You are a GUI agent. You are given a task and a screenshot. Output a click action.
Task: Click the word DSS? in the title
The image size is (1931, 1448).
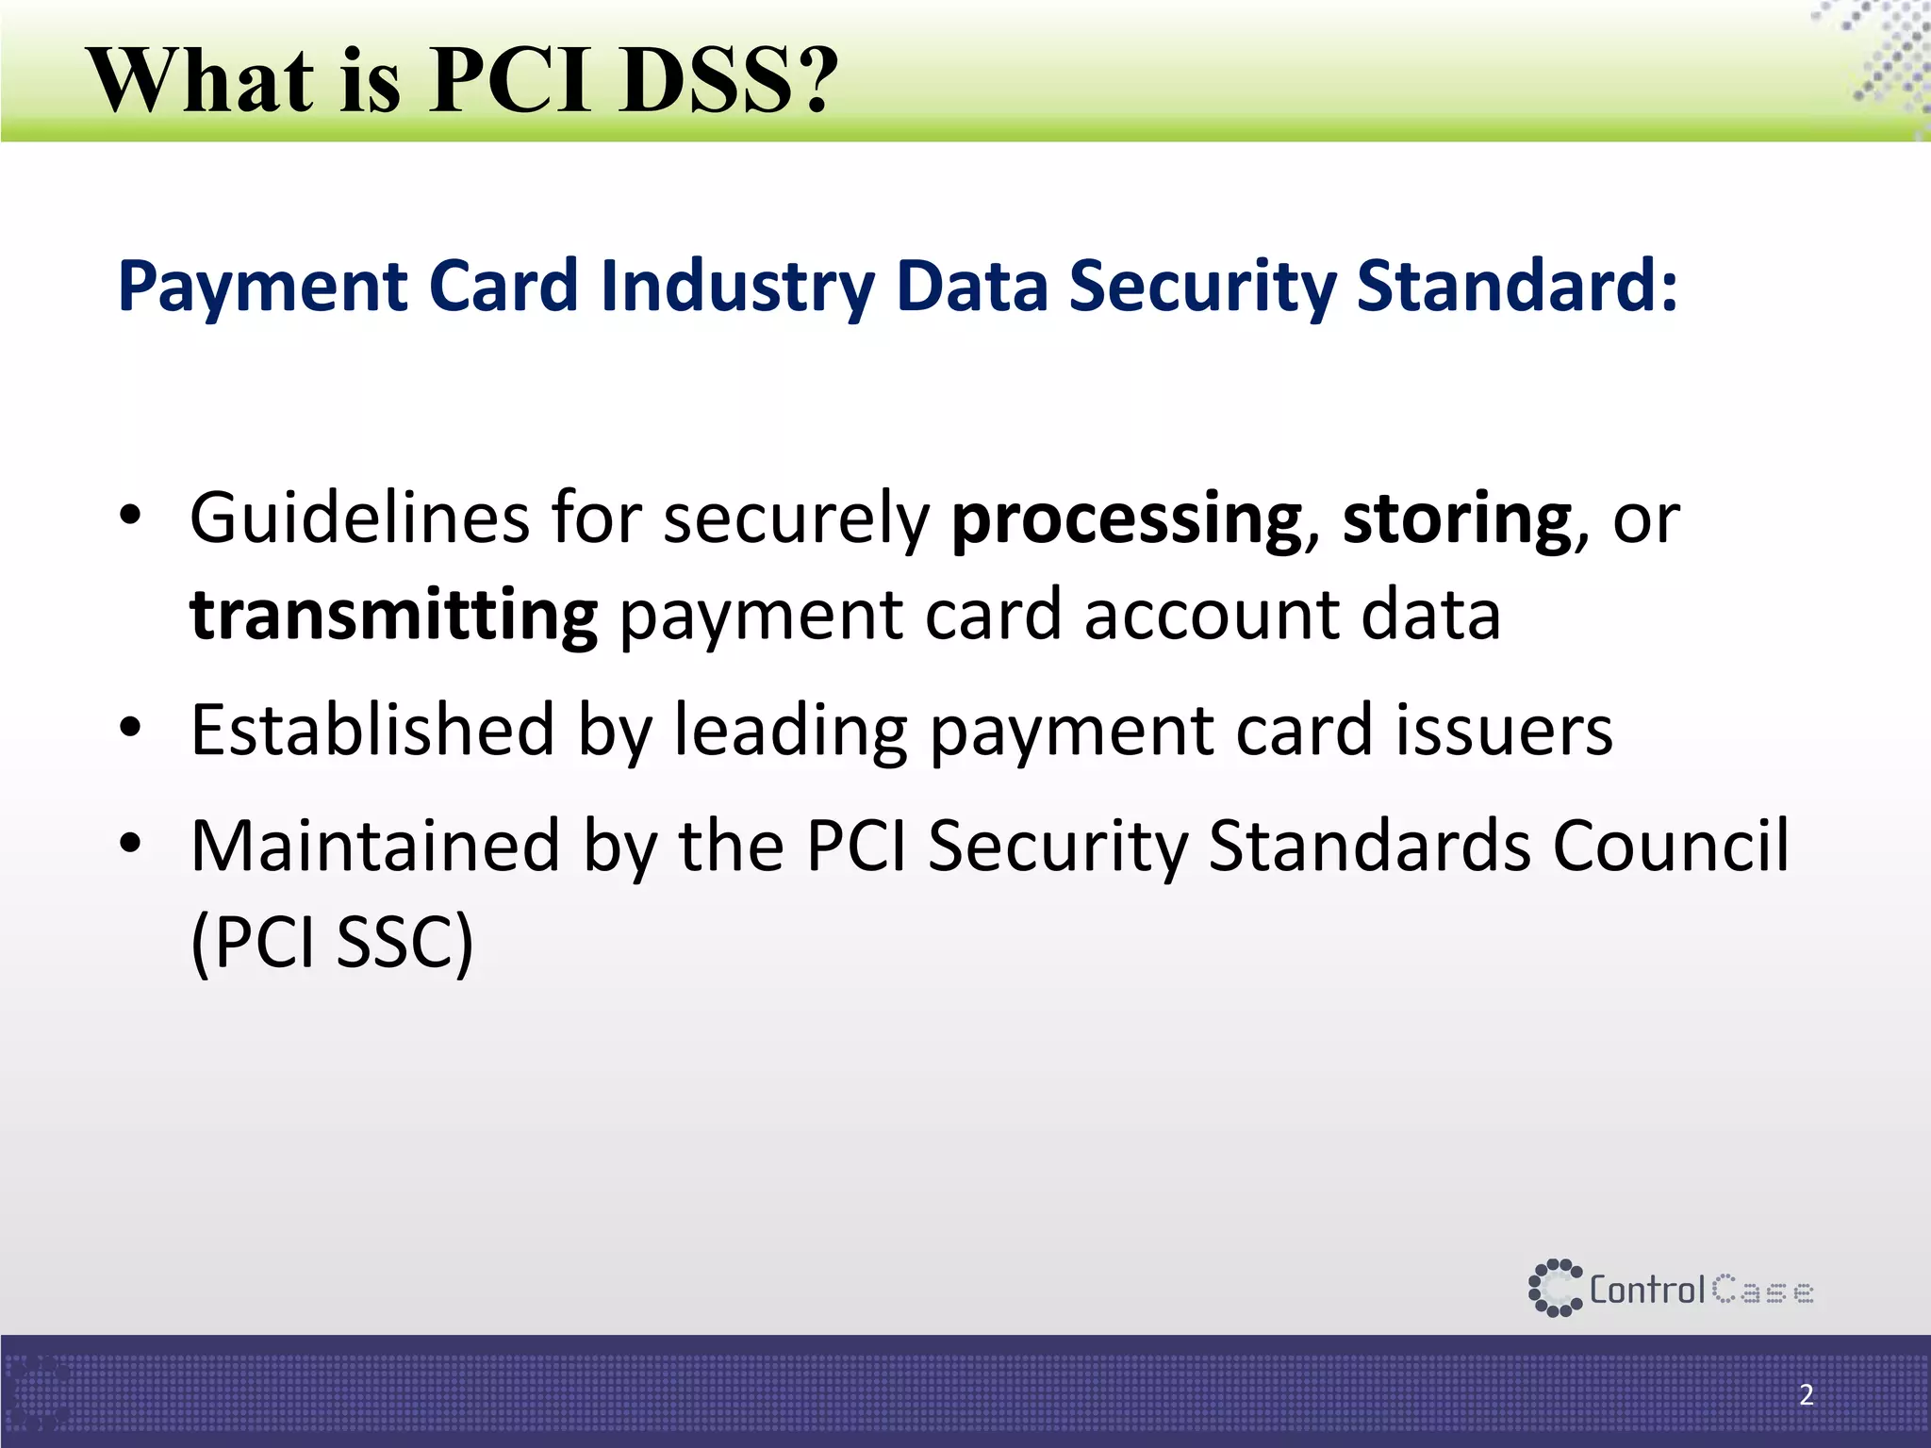click(728, 80)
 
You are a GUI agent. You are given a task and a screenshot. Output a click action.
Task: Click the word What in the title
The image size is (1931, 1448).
click(201, 80)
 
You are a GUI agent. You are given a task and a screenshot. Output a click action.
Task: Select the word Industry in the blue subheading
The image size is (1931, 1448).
click(735, 287)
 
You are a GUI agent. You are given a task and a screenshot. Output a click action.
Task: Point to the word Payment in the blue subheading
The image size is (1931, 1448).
click(262, 287)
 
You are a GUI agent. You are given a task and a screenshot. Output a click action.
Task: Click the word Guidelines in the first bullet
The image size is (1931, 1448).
click(359, 518)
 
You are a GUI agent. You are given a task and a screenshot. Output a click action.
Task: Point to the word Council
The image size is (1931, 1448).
click(1670, 846)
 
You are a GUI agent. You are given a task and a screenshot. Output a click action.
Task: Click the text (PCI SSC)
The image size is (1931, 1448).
click(331, 943)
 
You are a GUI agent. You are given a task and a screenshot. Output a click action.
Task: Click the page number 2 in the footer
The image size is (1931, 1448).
click(1806, 1394)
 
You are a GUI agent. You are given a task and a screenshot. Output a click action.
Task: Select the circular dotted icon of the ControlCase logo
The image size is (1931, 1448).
click(1554, 1288)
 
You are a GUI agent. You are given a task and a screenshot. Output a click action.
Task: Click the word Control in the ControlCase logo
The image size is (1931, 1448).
click(1647, 1290)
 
